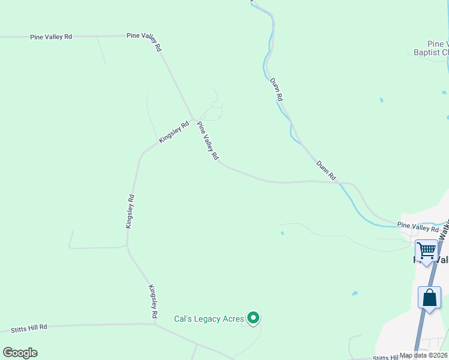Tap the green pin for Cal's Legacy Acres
pyautogui.click(x=253, y=317)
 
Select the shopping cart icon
pyautogui.click(x=427, y=250)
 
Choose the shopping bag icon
pyautogui.click(x=430, y=298)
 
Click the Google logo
pyautogui.click(x=20, y=353)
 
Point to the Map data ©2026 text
pyautogui.click(x=423, y=355)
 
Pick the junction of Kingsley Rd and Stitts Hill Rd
pyautogui.click(x=154, y=325)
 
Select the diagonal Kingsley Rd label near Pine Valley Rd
pyautogui.click(x=174, y=132)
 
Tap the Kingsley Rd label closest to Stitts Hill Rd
pyautogui.click(x=152, y=301)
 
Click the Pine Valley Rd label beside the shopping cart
pyautogui.click(x=418, y=227)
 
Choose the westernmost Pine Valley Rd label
pyautogui.click(x=51, y=37)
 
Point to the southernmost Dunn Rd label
pyautogui.click(x=326, y=170)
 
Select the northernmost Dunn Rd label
pyautogui.click(x=276, y=90)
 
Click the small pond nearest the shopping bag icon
pyautogui.click(x=355, y=293)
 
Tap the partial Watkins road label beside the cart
pyautogui.click(x=444, y=231)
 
